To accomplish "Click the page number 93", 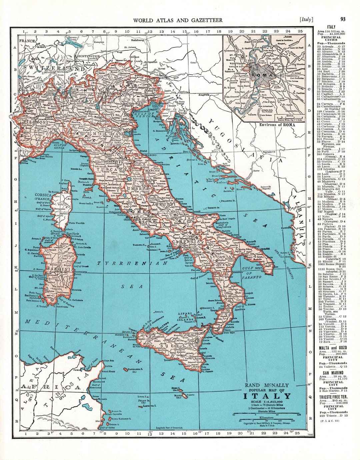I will point(343,19).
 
